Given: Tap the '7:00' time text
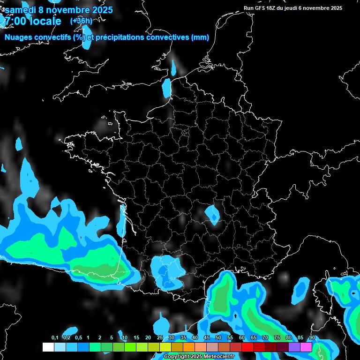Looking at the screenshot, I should pos(16,21).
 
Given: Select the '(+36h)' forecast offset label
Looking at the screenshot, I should pos(81,21).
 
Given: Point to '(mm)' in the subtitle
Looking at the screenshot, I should pos(200,37).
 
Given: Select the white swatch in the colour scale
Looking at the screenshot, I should pos(48,347).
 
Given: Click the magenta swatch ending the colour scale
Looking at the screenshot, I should pos(306,347).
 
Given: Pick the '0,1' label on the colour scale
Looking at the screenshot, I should pos(54,338).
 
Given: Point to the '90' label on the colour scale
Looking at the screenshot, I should pos(312,338).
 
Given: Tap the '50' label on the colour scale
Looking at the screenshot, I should pos(218,338).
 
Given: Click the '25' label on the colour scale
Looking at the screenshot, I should pos(160,338).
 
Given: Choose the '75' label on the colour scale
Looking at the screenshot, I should pos(277,338).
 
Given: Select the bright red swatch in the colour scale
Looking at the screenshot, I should pos(247,347).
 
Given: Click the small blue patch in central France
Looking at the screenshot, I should pos(213,215).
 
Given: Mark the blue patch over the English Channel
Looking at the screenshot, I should pos(167,88).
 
